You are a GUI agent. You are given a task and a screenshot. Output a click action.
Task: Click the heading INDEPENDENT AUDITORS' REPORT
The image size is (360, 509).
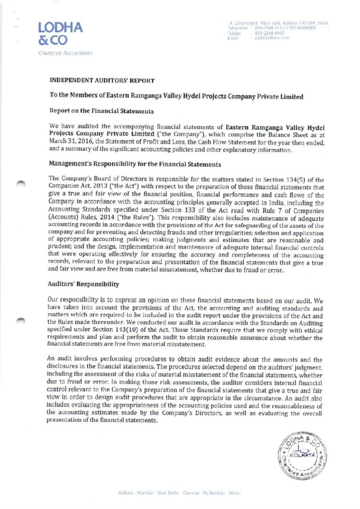[x=102, y=80]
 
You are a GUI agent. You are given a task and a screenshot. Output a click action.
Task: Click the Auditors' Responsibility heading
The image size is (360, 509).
[x=84, y=284]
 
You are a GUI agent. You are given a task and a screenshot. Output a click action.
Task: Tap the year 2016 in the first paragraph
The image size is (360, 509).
[x=82, y=143]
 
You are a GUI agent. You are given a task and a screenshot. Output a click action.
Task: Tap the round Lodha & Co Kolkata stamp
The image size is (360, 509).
[x=301, y=455]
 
